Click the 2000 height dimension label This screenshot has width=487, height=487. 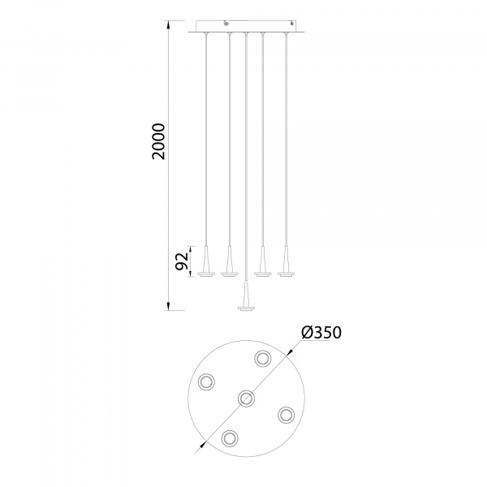pyautogui.click(x=158, y=141)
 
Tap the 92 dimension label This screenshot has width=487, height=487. pyautogui.click(x=182, y=261)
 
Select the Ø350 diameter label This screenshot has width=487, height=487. pyautogui.click(x=321, y=332)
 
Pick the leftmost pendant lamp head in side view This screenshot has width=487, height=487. pyautogui.click(x=206, y=261)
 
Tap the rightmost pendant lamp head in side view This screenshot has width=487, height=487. pyautogui.click(x=286, y=261)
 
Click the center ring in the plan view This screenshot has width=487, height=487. pyautogui.click(x=246, y=398)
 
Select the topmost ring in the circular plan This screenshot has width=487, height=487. pyautogui.click(x=263, y=359)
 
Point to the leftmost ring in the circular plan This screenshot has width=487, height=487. pyautogui.click(x=206, y=381)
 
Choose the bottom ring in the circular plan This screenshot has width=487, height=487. pyautogui.click(x=230, y=438)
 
